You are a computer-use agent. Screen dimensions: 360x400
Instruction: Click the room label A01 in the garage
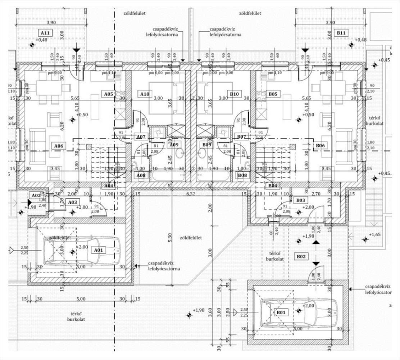click(x=98, y=250)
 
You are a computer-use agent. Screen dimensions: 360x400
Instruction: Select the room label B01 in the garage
click(x=281, y=312)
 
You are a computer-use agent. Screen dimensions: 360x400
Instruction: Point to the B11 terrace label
click(x=341, y=33)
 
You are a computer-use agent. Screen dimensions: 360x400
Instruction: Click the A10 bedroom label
click(x=145, y=94)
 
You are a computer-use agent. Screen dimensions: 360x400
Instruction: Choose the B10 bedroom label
click(x=234, y=94)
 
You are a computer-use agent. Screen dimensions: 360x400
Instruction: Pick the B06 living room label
click(x=320, y=146)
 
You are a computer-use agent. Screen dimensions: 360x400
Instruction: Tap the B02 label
click(x=301, y=257)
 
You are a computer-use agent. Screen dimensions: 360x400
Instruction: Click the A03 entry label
click(x=73, y=202)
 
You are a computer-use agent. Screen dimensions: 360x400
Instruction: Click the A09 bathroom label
click(x=174, y=145)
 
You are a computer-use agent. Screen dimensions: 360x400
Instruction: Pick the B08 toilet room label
click(x=243, y=175)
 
